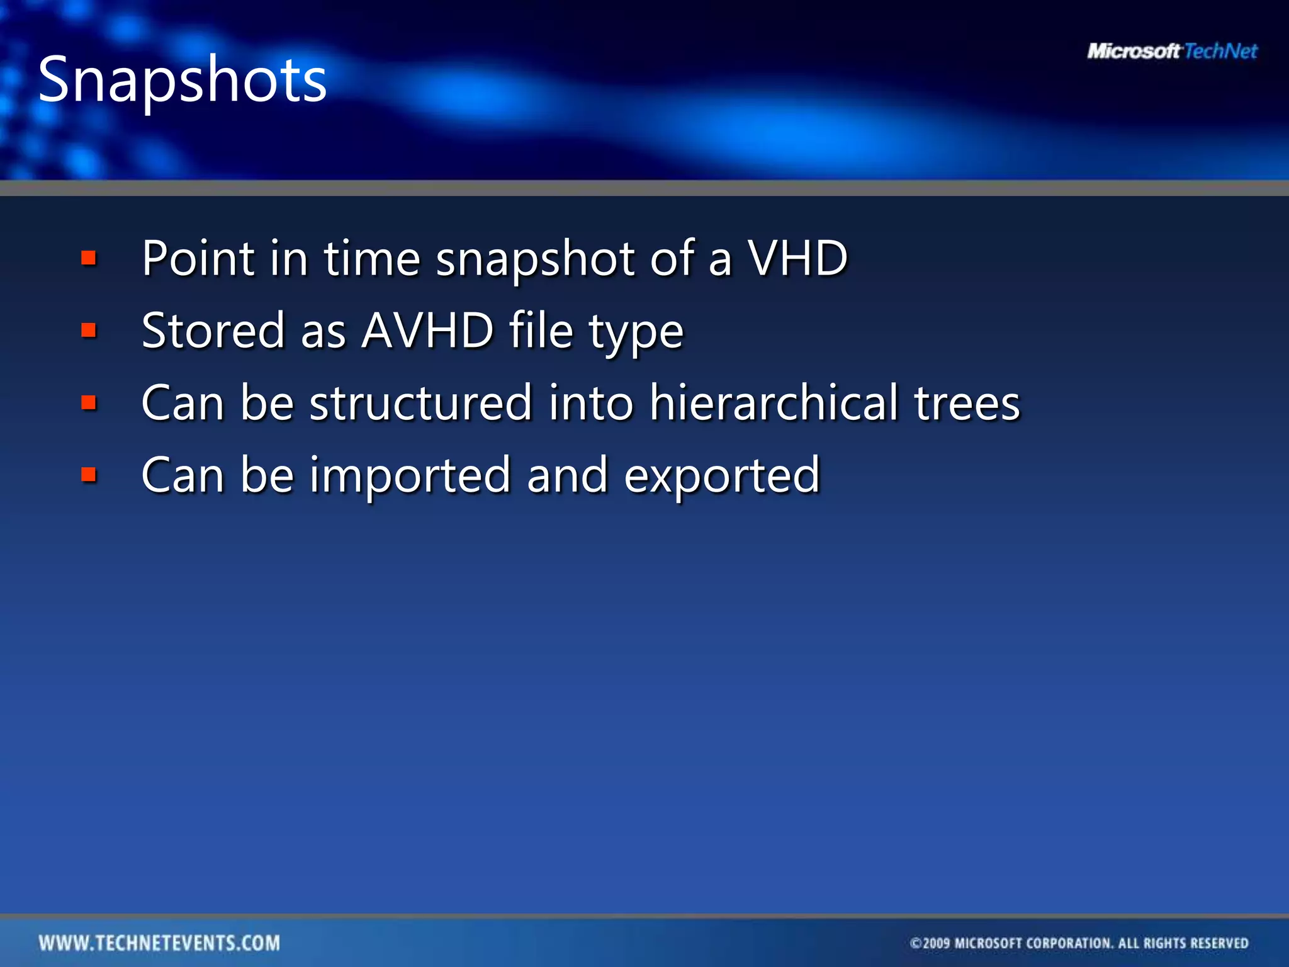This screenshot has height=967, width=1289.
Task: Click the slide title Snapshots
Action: click(x=183, y=79)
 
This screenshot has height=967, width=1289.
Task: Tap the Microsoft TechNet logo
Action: click(x=1172, y=51)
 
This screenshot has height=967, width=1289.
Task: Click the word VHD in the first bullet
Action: click(x=797, y=258)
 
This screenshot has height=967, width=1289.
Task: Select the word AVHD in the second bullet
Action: click(x=427, y=331)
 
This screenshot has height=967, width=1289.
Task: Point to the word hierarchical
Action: click(x=774, y=403)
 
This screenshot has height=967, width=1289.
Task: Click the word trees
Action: click(x=967, y=403)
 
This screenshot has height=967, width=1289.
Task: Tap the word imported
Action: click(x=410, y=475)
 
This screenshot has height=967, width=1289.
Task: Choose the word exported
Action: click(x=722, y=475)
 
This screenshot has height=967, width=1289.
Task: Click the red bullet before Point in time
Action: click(x=89, y=258)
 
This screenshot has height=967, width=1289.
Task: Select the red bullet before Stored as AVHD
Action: click(x=89, y=331)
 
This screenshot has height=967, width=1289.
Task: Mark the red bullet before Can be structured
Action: click(x=89, y=403)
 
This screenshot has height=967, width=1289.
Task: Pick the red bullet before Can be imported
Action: click(x=89, y=475)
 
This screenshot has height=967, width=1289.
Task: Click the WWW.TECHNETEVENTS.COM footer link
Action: click(x=159, y=942)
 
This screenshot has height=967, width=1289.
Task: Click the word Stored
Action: click(x=213, y=331)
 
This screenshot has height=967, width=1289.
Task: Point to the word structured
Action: click(x=421, y=403)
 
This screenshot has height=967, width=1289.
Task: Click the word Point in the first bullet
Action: click(x=198, y=258)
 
